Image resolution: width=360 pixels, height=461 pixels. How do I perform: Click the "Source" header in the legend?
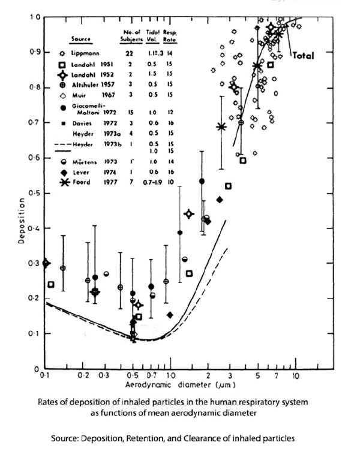click(80, 40)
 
